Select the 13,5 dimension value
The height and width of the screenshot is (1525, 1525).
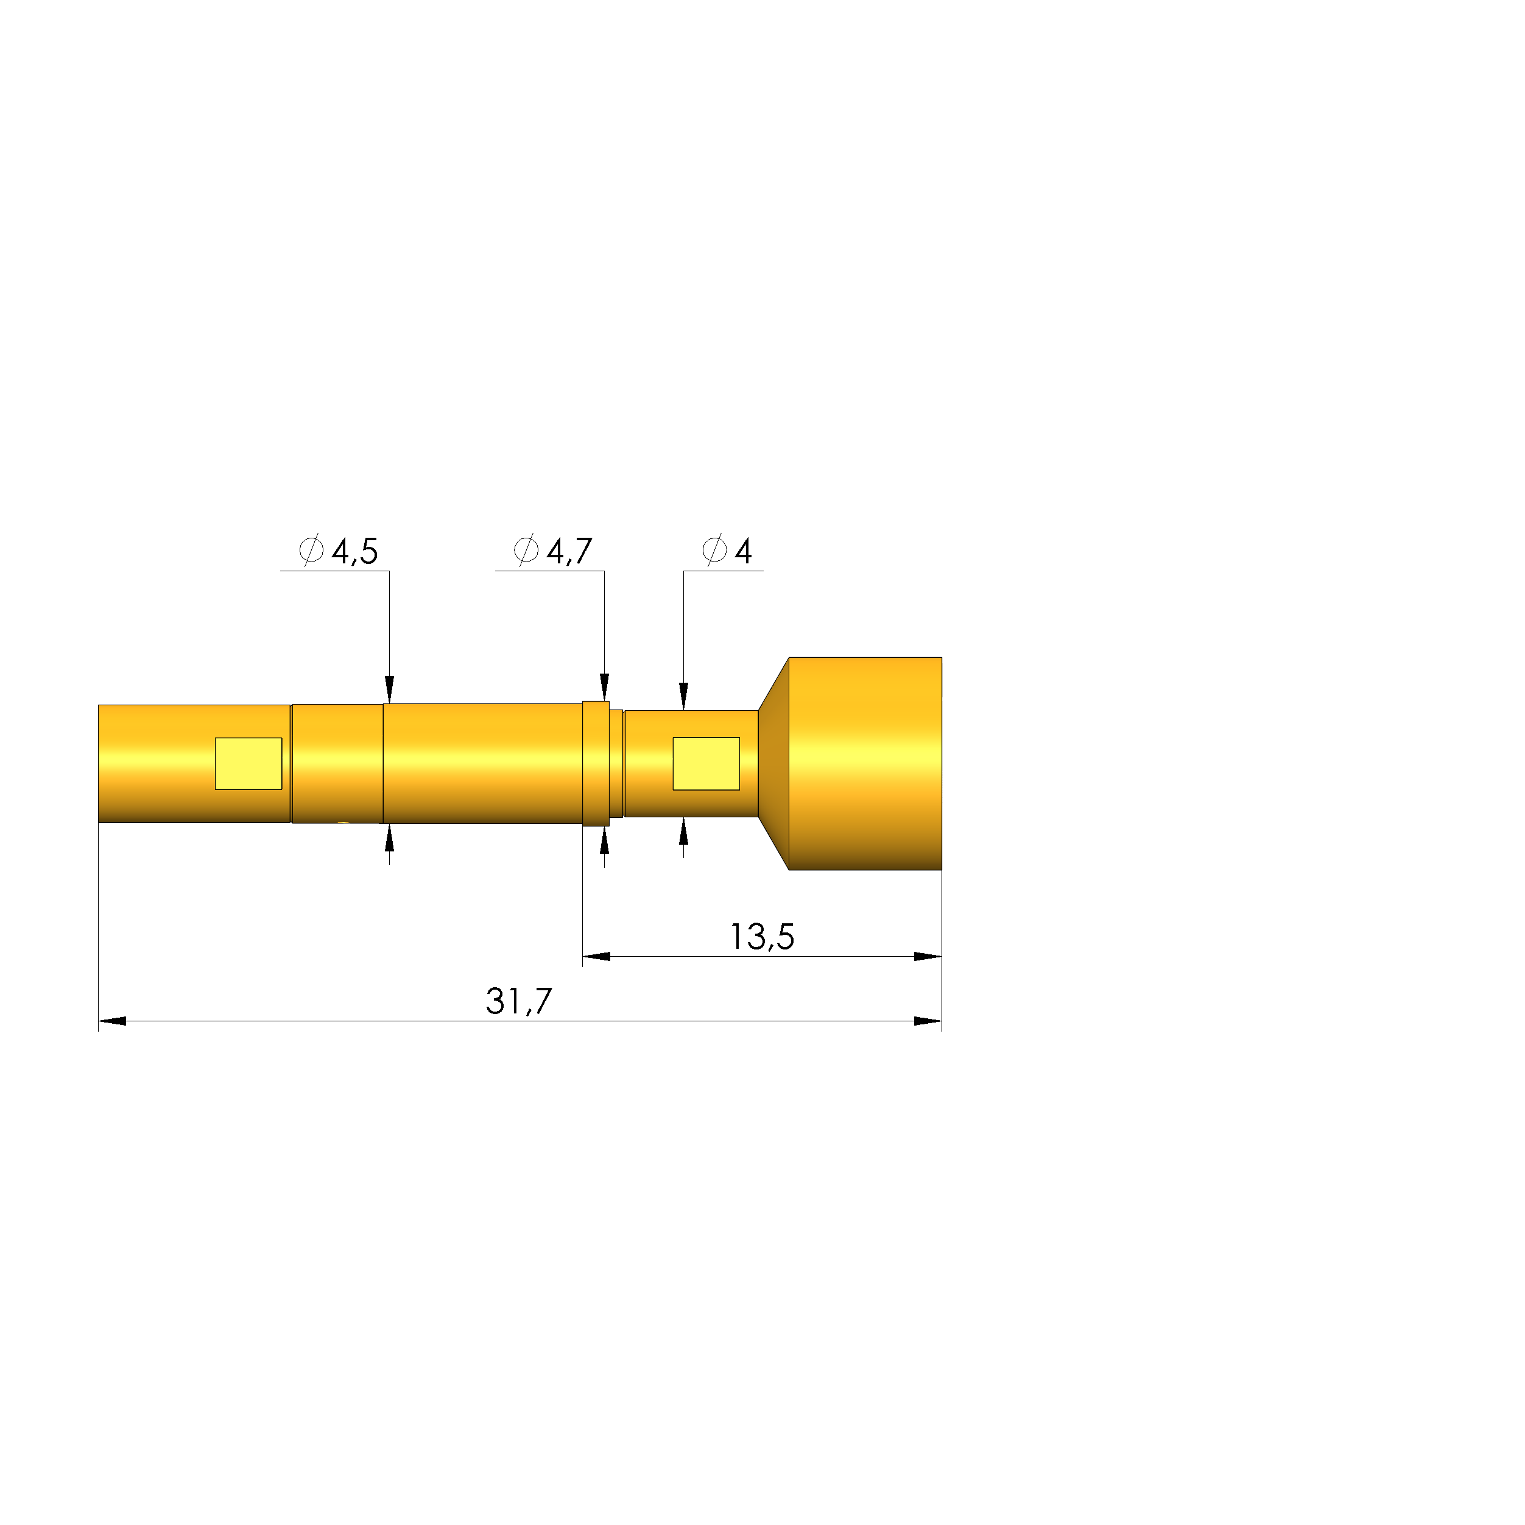point(762,937)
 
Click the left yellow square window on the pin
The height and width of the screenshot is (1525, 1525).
point(248,763)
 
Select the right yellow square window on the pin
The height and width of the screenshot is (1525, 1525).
point(706,763)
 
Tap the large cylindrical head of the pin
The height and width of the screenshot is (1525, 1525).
point(865,763)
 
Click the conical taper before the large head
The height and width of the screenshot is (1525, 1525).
point(773,763)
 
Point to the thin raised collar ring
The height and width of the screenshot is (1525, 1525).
point(596,763)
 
